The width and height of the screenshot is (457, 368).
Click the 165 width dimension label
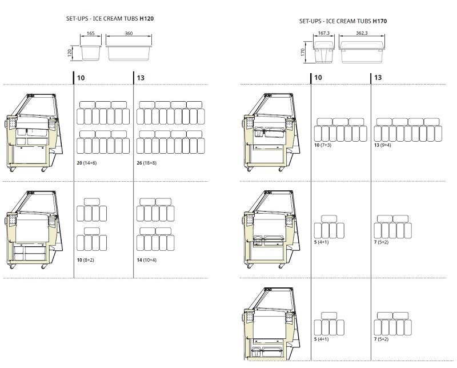click(x=91, y=33)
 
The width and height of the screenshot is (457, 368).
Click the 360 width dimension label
click(x=129, y=33)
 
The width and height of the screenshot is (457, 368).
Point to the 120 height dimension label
click(x=70, y=53)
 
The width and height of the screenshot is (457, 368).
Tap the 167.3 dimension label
click(x=323, y=33)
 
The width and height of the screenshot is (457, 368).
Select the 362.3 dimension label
click(x=362, y=33)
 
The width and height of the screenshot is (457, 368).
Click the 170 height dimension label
click(x=303, y=53)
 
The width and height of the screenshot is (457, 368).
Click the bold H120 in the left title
click(x=147, y=19)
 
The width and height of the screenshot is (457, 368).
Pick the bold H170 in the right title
click(x=380, y=21)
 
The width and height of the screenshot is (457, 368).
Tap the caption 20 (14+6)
click(x=87, y=163)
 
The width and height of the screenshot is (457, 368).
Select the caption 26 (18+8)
click(x=147, y=163)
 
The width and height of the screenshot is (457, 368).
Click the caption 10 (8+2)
click(x=85, y=260)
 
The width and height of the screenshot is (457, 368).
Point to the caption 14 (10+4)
click(x=147, y=260)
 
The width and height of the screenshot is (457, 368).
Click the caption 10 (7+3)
click(x=323, y=145)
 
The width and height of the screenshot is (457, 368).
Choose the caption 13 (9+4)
click(x=382, y=145)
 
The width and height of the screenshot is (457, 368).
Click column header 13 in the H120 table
click(x=141, y=78)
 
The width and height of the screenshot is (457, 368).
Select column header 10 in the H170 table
click(x=318, y=78)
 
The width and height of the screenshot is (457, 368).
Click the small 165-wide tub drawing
click(x=91, y=53)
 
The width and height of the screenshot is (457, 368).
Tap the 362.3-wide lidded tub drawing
click(x=362, y=52)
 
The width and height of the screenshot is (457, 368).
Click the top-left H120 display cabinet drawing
click(x=34, y=133)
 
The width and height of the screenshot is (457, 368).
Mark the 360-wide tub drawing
click(x=129, y=53)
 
